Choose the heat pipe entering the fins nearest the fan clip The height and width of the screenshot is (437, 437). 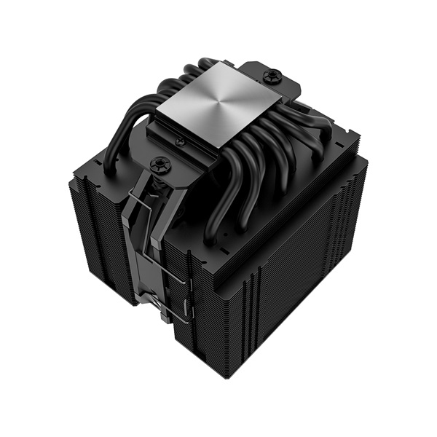[211, 226]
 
